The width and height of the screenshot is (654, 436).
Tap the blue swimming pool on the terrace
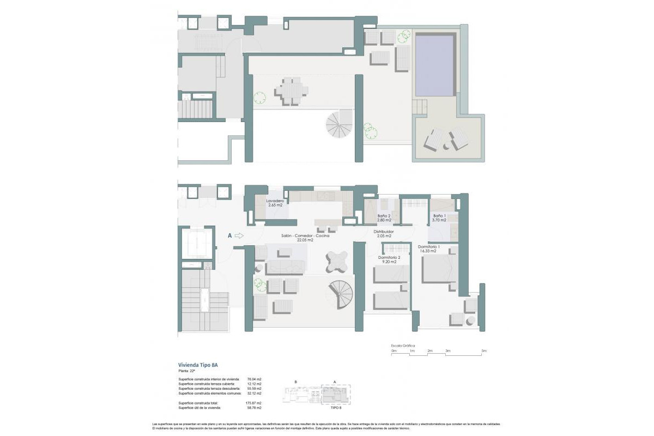(434, 64)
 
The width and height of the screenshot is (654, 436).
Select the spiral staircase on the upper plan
(338, 124)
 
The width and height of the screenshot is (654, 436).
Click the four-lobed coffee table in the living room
(335, 261)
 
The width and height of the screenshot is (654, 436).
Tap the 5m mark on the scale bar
(483, 351)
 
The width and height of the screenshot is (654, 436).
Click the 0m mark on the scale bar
(394, 351)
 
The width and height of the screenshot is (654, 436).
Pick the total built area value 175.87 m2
(255, 403)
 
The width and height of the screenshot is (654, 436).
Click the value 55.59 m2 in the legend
(255, 389)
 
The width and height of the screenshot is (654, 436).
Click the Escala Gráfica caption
(403, 346)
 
